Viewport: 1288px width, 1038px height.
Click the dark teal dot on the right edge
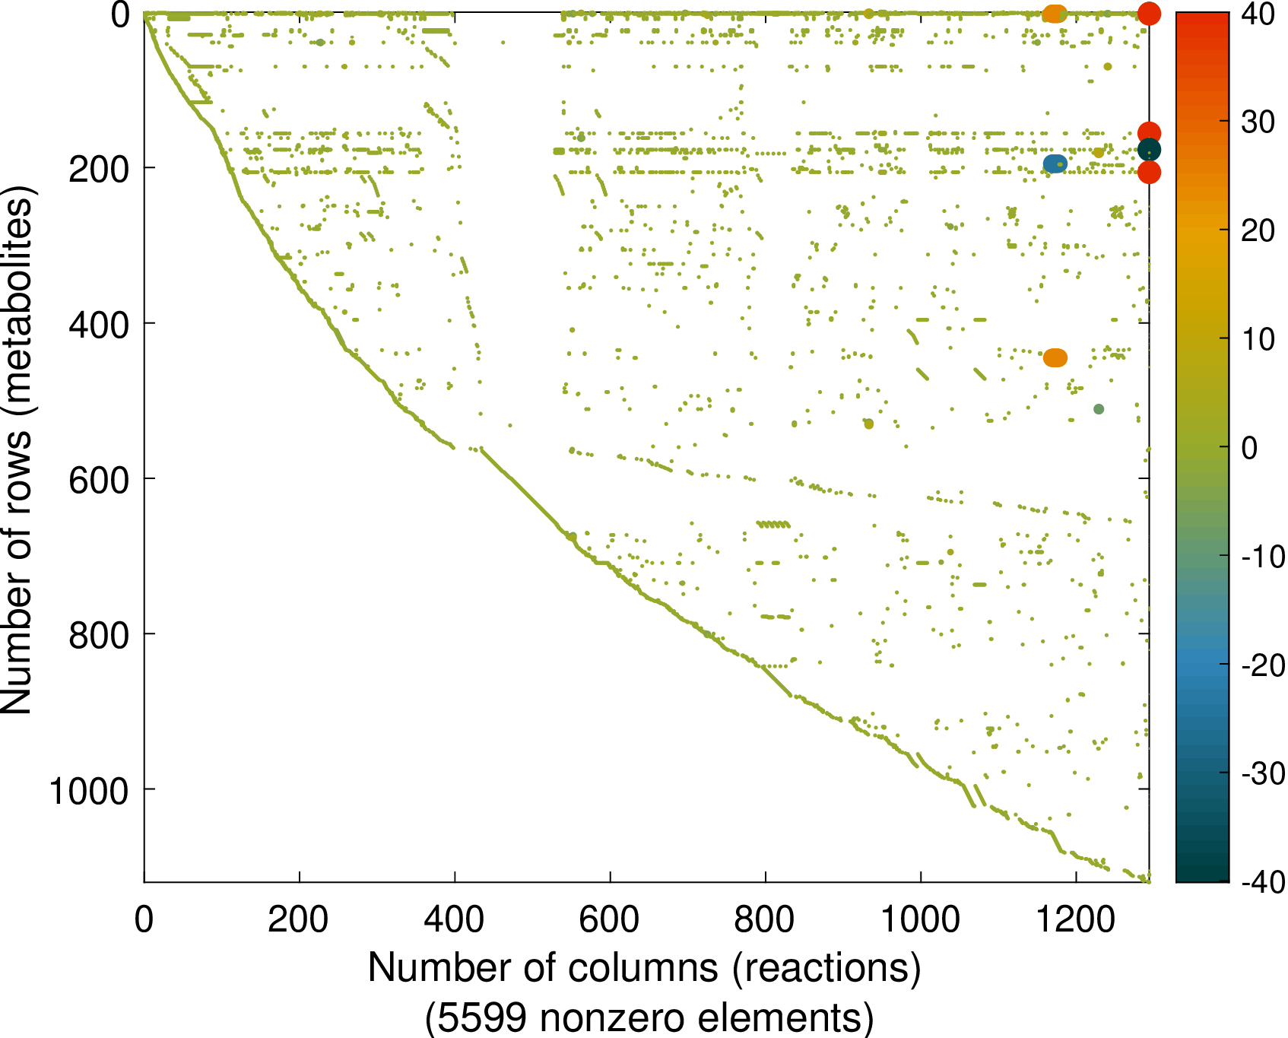(1149, 150)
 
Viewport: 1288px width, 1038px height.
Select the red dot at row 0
(1149, 13)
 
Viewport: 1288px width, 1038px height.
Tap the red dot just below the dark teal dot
(1149, 173)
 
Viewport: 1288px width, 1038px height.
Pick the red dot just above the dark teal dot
(1149, 133)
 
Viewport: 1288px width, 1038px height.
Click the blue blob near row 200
(1055, 163)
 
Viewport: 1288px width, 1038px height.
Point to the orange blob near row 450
(1055, 357)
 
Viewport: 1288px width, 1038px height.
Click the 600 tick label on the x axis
(609, 920)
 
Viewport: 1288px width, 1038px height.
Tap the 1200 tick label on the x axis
(1075, 920)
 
